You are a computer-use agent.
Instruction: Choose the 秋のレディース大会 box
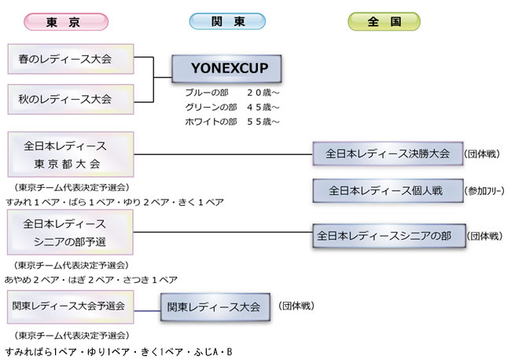(70, 99)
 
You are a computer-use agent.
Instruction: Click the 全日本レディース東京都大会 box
(70, 154)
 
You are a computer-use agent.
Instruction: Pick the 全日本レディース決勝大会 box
(388, 153)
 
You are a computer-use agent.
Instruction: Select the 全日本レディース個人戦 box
(388, 190)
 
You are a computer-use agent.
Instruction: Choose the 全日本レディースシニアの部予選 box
(70, 232)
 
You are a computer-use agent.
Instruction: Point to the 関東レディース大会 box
(213, 307)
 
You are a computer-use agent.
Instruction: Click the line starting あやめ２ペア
(91, 279)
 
